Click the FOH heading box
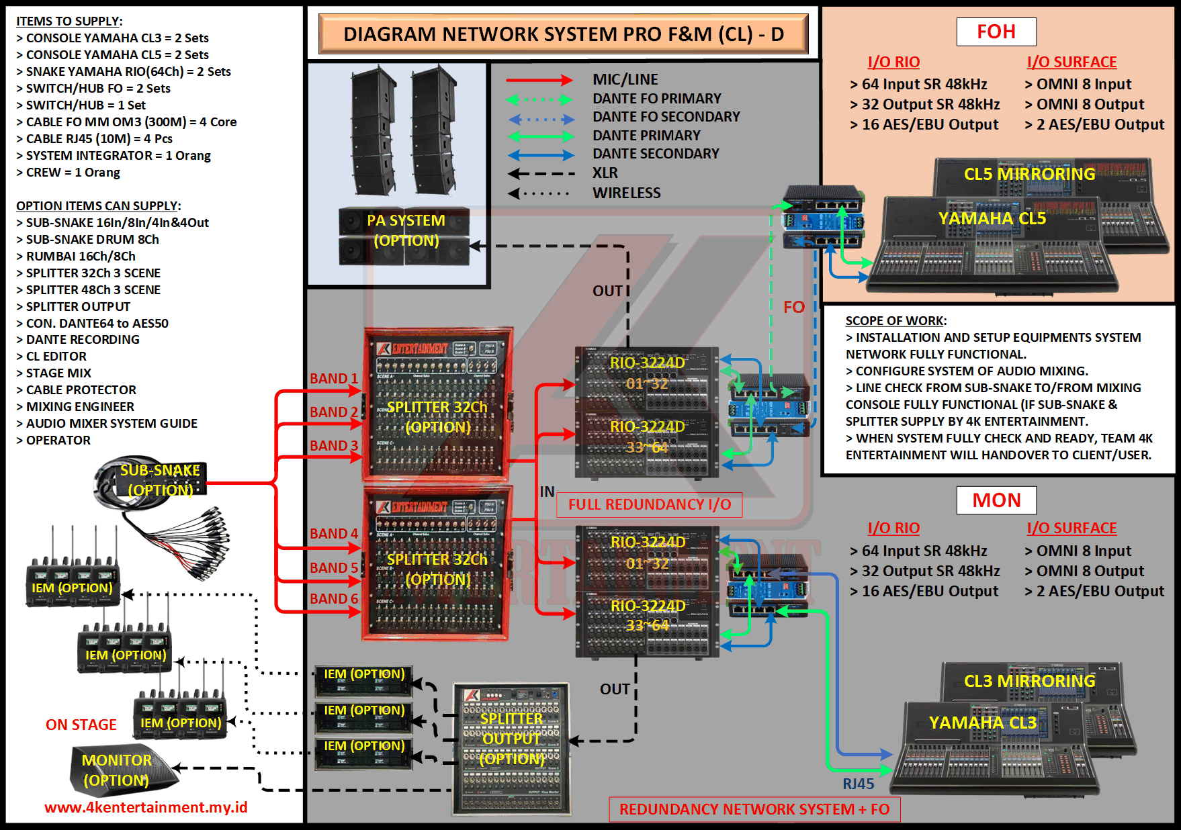tap(996, 32)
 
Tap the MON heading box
tap(996, 500)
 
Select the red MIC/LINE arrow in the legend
tap(539, 81)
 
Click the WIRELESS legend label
tap(626, 193)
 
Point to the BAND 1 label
tap(334, 379)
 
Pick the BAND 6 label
tap(334, 599)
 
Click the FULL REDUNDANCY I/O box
tap(649, 505)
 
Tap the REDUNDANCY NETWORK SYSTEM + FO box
tap(754, 809)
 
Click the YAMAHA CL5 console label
tap(992, 219)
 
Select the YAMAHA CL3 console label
tap(982, 723)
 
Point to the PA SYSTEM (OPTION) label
tap(406, 230)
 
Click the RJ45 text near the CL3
tap(859, 784)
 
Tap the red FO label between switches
tap(793, 308)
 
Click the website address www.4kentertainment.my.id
tap(146, 807)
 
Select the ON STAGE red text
tap(81, 725)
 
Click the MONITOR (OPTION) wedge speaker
tap(121, 770)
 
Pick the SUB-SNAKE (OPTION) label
tap(160, 480)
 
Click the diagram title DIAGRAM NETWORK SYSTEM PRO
tap(563, 34)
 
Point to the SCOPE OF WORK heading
tap(895, 321)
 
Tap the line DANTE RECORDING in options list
tap(83, 340)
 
